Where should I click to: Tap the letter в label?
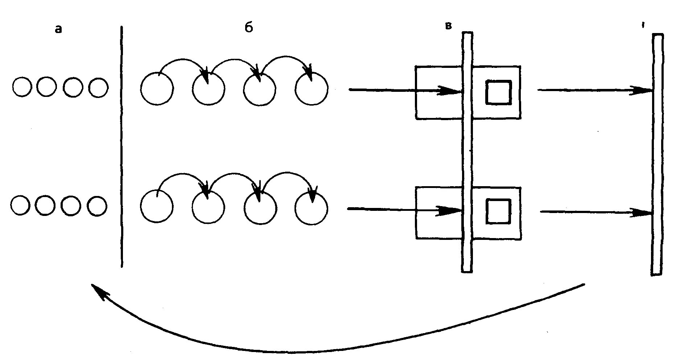coord(449,26)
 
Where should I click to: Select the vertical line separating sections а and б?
coord(121,145)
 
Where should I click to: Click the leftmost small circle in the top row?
coord(22,87)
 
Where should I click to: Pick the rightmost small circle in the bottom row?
coord(97,206)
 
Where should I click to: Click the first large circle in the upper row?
coord(157,89)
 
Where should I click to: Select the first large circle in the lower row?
coord(157,206)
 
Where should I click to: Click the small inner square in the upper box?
coord(499,93)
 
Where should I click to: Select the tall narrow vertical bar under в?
coord(467,152)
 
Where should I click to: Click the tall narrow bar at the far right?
coord(657,154)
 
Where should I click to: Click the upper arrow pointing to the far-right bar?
coord(595,90)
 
